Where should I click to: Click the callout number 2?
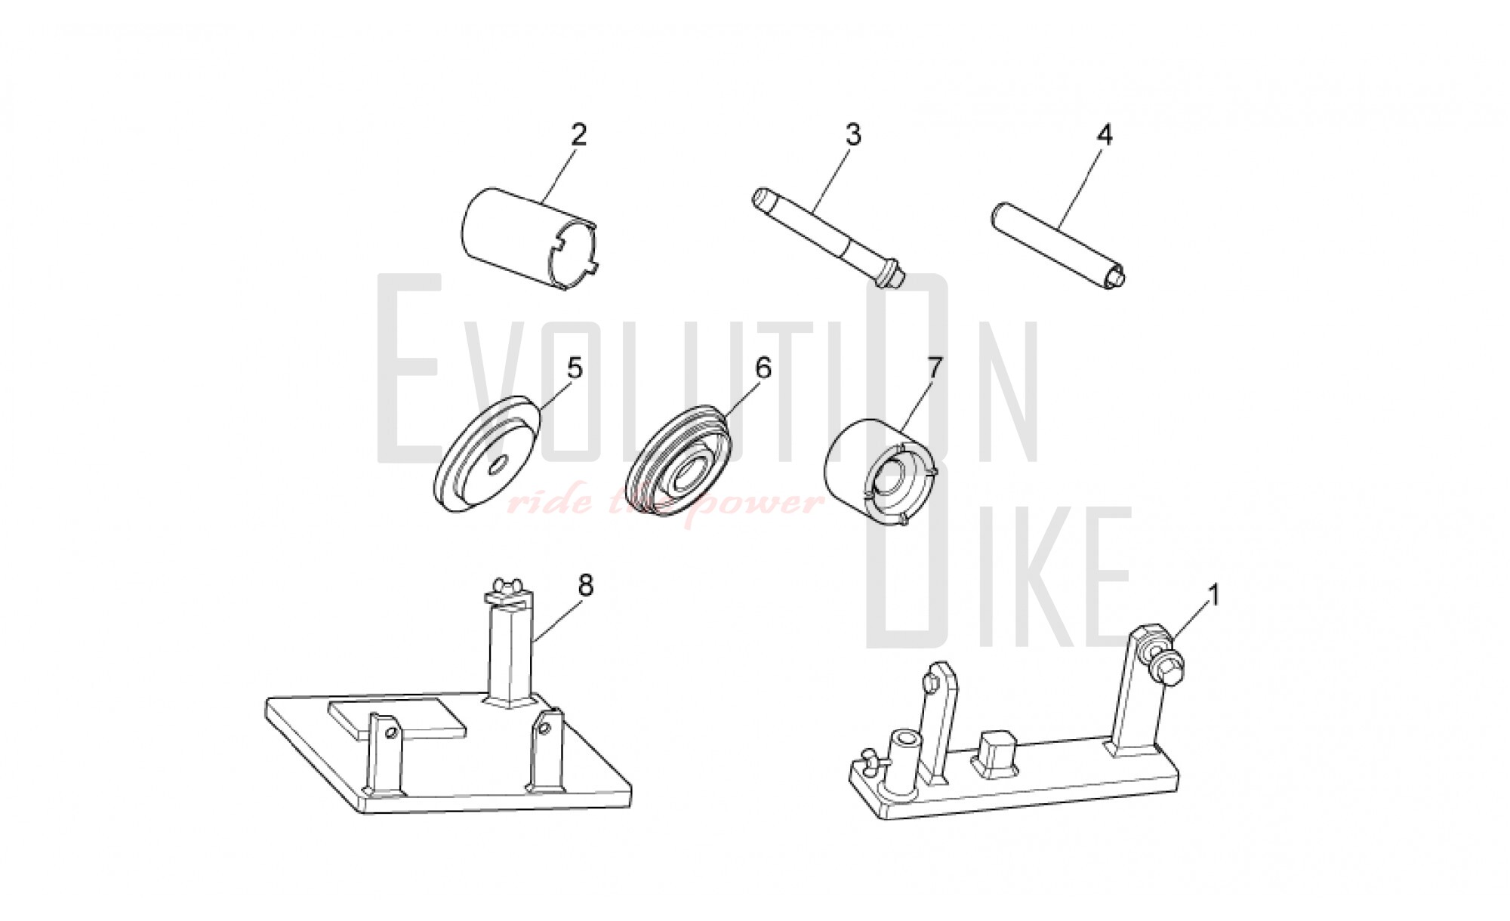point(578,135)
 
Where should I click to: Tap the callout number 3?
point(852,135)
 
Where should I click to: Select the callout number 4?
point(1104,135)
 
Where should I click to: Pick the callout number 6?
point(763,368)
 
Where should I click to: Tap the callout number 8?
point(586,585)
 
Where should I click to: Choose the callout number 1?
point(1214,596)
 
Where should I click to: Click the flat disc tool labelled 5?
point(488,455)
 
